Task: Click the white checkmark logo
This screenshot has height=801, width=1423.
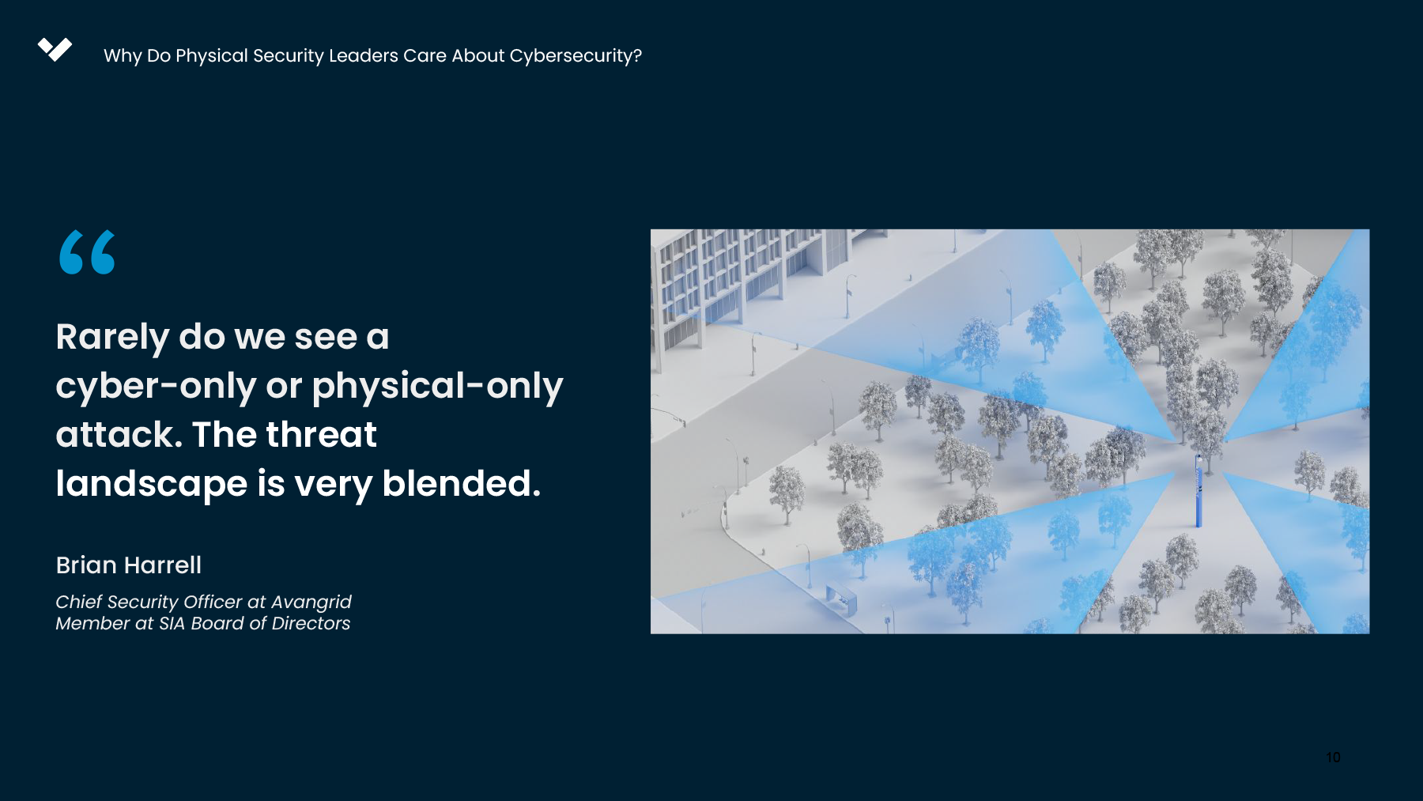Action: tap(55, 49)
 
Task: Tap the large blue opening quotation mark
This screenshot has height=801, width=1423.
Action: tap(87, 252)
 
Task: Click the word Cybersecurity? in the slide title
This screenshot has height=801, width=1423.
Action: tap(576, 56)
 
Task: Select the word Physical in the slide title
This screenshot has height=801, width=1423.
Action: tap(212, 56)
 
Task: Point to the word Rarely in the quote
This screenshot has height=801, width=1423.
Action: tap(112, 338)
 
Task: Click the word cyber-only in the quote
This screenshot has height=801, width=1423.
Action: tap(156, 386)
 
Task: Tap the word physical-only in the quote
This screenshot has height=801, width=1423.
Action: tap(437, 386)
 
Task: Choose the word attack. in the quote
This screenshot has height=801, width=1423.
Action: tap(119, 435)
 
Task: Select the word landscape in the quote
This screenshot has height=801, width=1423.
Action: tap(152, 484)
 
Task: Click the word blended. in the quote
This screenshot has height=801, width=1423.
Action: tap(462, 483)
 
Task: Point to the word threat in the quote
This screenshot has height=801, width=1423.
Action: tap(321, 435)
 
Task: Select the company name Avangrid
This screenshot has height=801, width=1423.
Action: tap(311, 603)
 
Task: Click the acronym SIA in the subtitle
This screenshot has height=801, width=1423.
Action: tap(172, 624)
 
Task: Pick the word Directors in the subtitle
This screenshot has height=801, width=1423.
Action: tap(311, 624)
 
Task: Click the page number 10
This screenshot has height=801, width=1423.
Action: tap(1333, 758)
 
